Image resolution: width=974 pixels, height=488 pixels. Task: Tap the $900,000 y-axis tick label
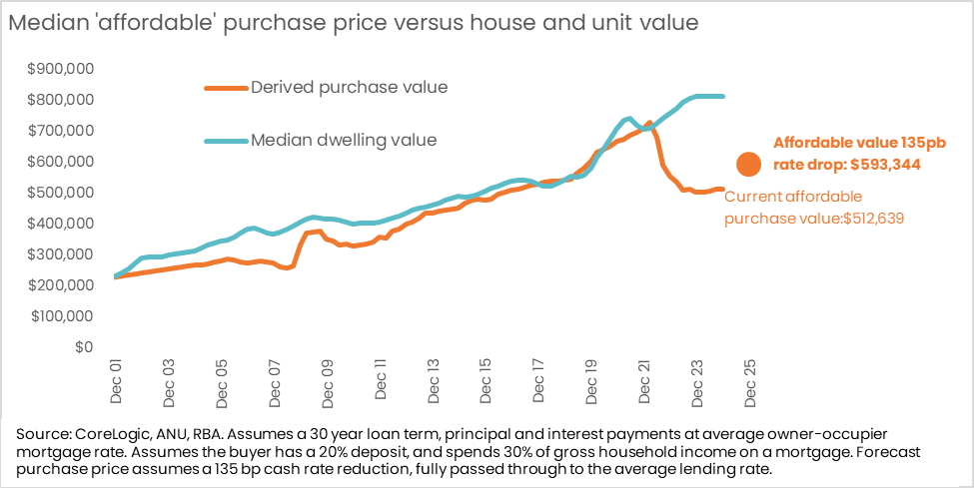pos(61,68)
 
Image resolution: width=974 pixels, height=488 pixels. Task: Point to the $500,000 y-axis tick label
pos(61,192)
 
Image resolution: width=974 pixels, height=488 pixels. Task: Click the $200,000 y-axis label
pos(61,284)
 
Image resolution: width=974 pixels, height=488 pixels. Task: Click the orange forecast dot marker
pos(747,165)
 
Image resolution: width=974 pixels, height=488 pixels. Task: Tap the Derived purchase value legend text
pos(349,87)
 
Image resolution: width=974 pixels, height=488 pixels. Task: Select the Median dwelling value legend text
pos(343,140)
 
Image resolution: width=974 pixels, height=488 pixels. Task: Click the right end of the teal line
pos(724,96)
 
